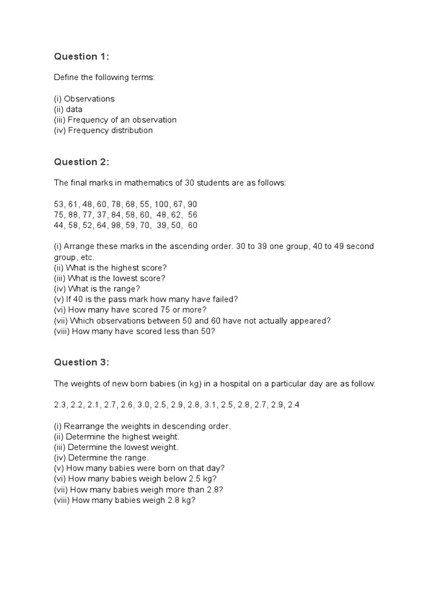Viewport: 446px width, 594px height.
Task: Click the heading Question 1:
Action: point(81,56)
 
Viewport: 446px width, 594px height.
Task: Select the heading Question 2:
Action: point(81,162)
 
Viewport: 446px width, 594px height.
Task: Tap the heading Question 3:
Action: point(81,363)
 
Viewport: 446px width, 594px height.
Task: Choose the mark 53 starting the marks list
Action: point(59,204)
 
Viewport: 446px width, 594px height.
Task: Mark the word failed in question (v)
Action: point(225,299)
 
